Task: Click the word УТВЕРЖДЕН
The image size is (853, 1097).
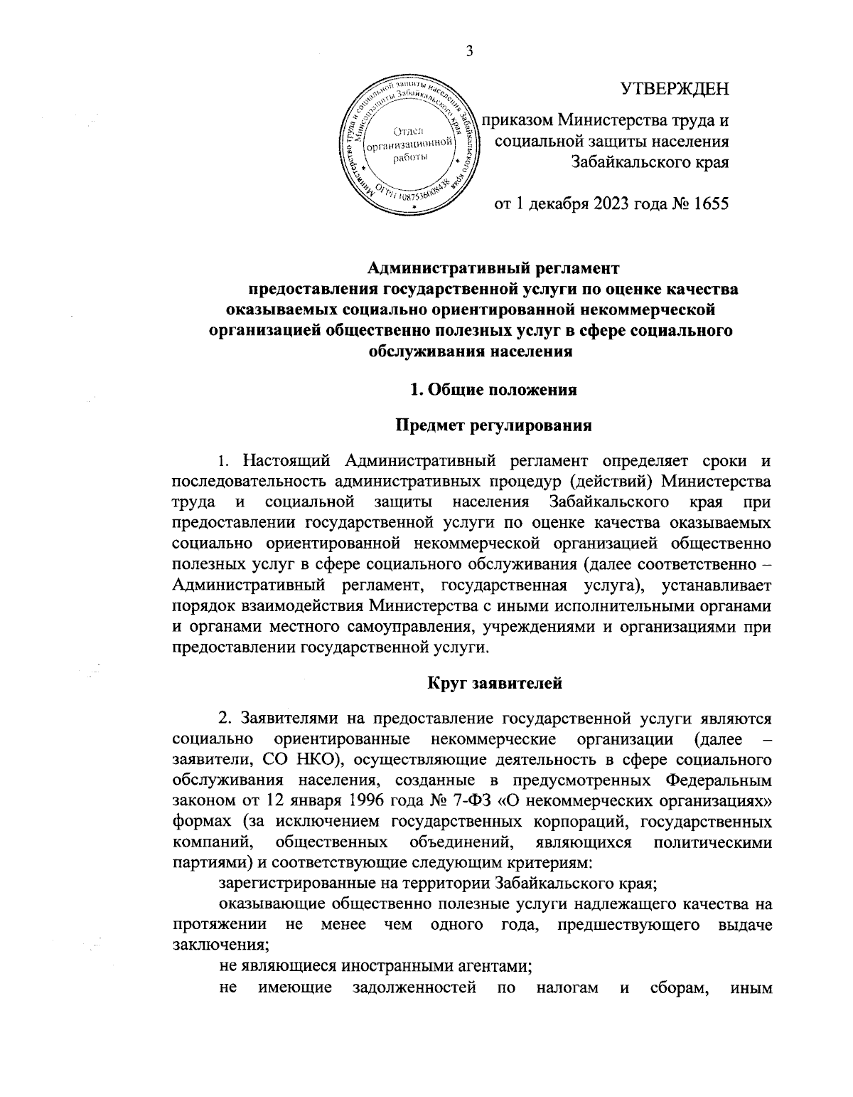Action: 675,89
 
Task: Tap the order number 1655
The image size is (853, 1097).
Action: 709,205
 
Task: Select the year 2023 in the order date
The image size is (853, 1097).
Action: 606,205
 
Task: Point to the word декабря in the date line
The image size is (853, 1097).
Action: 555,205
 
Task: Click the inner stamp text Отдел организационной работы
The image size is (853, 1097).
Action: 409,142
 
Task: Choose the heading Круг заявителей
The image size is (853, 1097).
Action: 495,683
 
